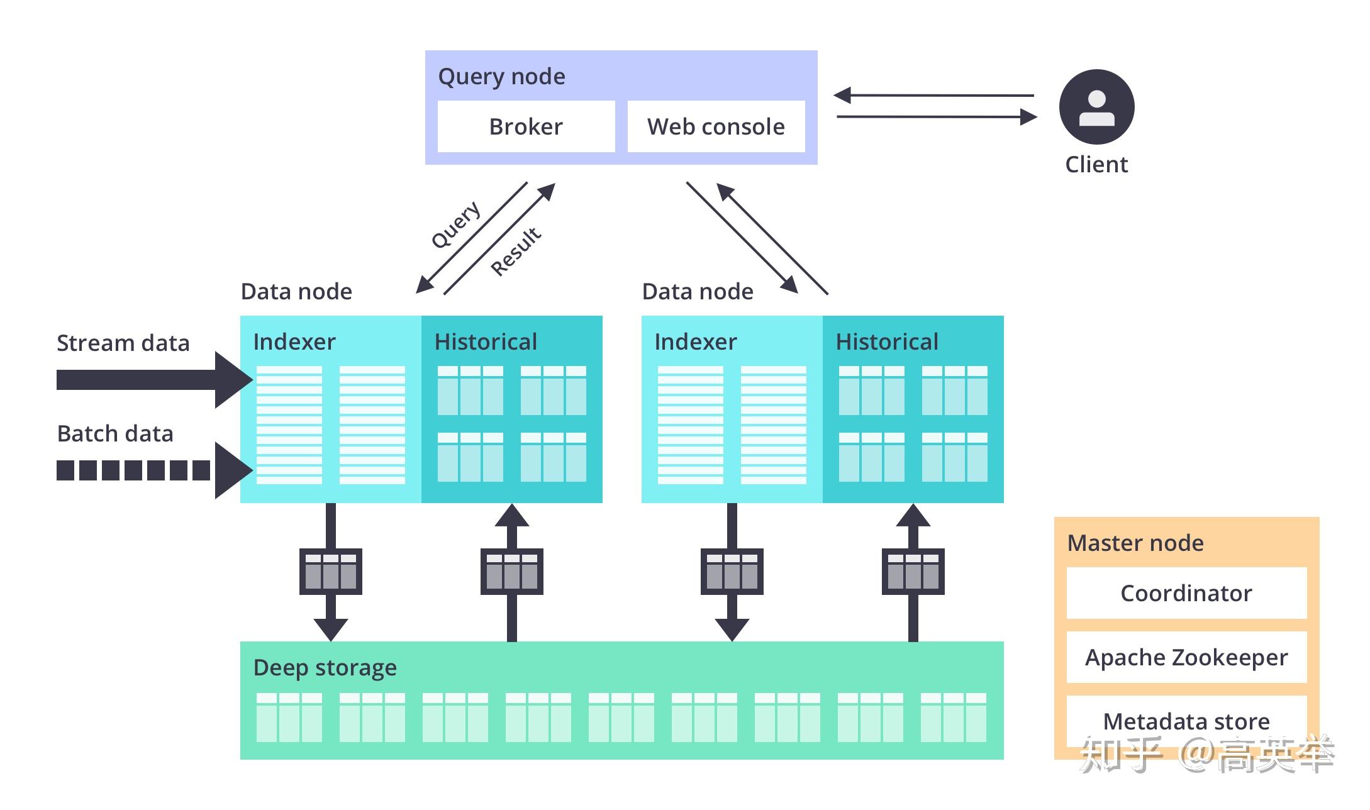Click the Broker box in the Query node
[x=526, y=126]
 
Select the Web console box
[x=716, y=126]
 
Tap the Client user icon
[x=1096, y=107]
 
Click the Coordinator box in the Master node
[x=1186, y=593]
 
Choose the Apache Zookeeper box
[x=1186, y=657]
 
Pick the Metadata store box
[x=1186, y=720]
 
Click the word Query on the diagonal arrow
[x=456, y=225]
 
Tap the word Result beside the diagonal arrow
[x=516, y=252]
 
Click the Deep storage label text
[x=325, y=667]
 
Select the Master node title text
[x=1135, y=543]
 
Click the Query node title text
[x=501, y=76]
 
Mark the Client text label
[x=1096, y=164]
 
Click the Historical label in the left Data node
[x=486, y=341]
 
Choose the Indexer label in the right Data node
[x=695, y=341]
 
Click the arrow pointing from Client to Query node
[x=935, y=96]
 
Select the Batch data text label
[x=115, y=433]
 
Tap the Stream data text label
[x=123, y=343]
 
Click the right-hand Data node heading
[x=698, y=291]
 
